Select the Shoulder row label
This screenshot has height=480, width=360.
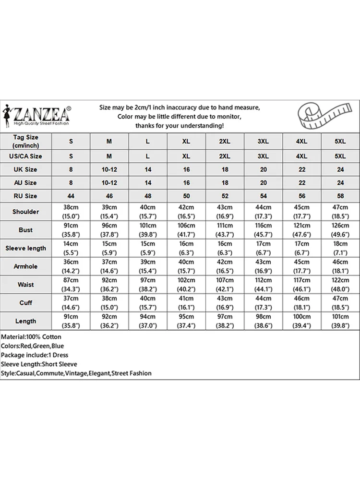click(26, 212)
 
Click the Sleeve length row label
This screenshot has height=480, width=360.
click(26, 248)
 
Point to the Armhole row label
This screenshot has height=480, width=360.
click(26, 266)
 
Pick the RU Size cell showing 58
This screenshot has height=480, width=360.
click(340, 196)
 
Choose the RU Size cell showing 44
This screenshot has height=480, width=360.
click(71, 196)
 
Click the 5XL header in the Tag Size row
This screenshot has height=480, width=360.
click(340, 141)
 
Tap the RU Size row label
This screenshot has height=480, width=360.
click(26, 196)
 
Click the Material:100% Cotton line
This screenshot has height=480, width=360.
click(31, 337)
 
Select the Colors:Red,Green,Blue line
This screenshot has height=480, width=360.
click(32, 346)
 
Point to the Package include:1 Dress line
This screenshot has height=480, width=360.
click(35, 355)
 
